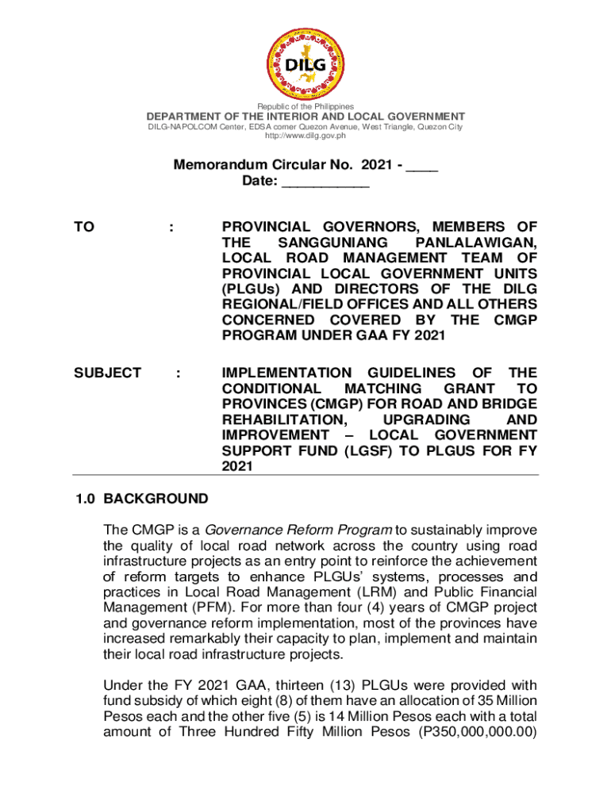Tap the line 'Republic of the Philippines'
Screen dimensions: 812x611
click(x=305, y=106)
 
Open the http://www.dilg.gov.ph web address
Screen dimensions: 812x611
click(x=305, y=136)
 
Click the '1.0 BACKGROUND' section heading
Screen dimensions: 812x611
click(x=142, y=500)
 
